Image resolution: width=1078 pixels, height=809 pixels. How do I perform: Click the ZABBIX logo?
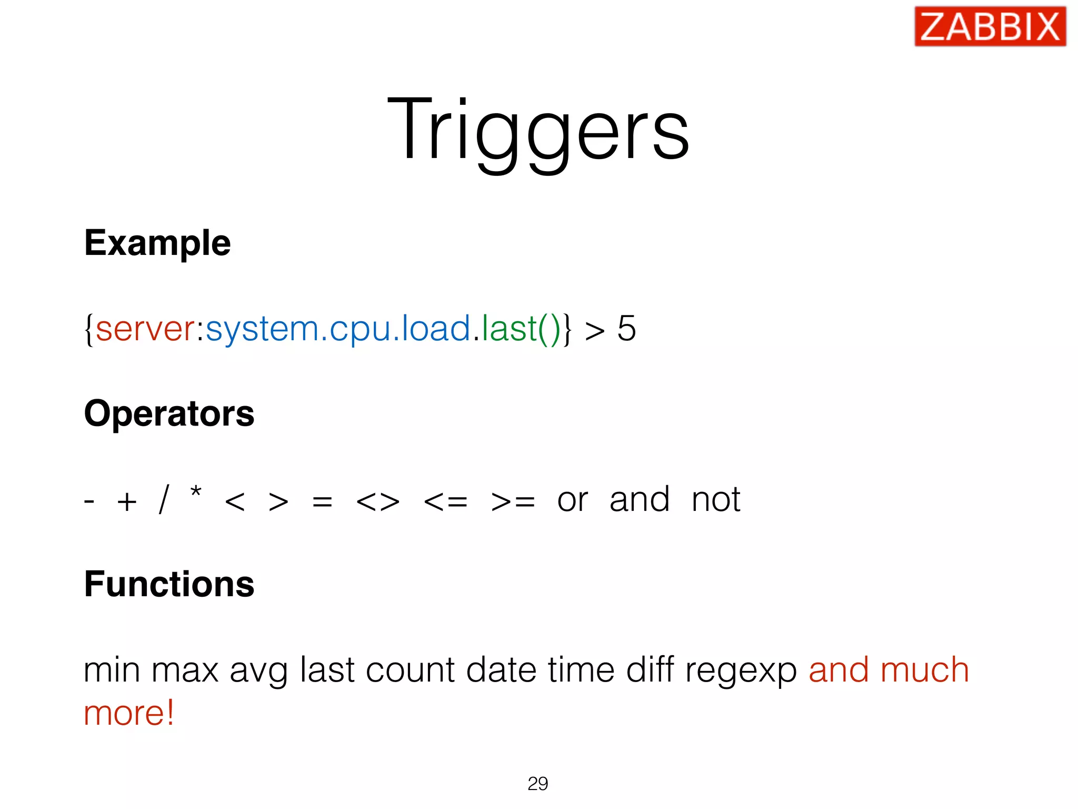pos(990,26)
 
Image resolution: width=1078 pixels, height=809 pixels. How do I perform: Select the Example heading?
pos(157,243)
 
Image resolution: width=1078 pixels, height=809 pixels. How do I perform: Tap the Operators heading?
pos(169,413)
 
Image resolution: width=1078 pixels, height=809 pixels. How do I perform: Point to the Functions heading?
pos(169,584)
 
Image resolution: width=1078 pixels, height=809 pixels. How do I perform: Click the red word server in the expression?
pos(146,329)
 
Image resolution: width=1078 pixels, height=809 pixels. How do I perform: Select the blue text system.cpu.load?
pos(338,329)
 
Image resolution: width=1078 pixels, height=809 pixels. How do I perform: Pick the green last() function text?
pos(521,329)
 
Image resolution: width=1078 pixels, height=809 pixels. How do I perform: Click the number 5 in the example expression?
pos(626,329)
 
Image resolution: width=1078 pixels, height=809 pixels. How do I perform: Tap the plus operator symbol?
pos(127,501)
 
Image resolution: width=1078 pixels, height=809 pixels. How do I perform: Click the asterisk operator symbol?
pos(196,494)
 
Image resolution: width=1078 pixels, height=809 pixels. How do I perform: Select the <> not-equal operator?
pos(377,501)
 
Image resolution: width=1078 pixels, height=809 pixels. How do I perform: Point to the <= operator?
pos(445,501)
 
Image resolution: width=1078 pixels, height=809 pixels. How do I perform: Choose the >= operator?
pos(513,501)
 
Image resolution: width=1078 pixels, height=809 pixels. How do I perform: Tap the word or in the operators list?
pos(572,500)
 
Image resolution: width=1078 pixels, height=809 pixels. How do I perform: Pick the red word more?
pos(129,713)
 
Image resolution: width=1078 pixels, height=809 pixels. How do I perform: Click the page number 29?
pos(537,783)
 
